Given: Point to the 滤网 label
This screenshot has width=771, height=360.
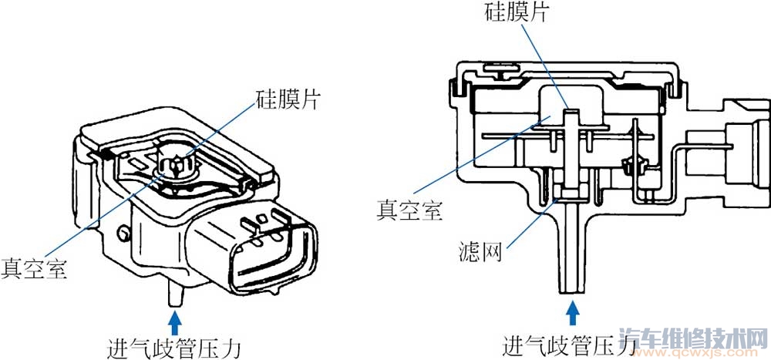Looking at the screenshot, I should point(480,253).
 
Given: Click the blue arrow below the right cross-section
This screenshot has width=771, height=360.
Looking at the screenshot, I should point(572,312).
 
